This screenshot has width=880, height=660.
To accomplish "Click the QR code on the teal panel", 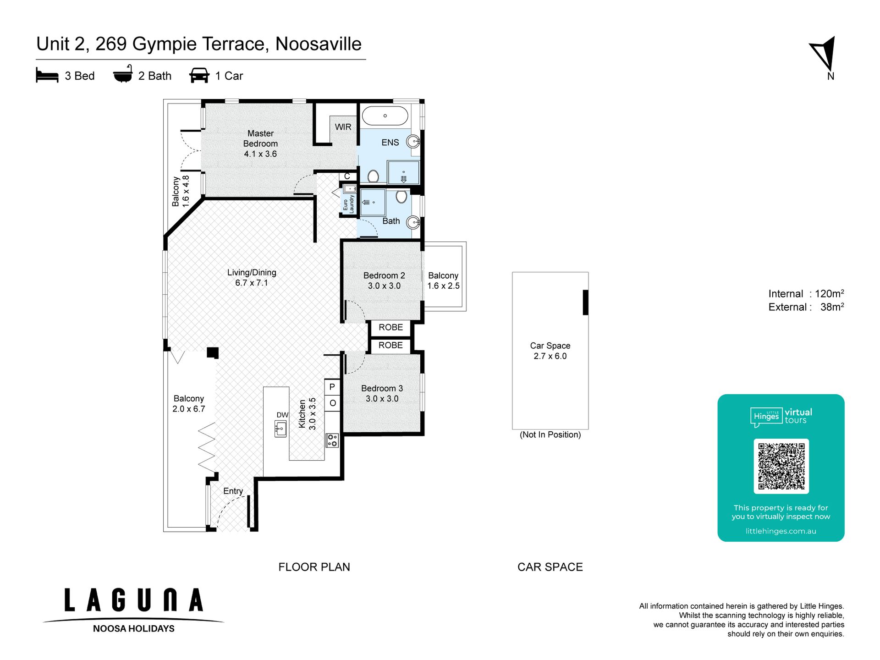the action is point(781,466).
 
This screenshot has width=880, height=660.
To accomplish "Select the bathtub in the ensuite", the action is point(385,116).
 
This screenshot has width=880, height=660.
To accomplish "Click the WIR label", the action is point(343,127).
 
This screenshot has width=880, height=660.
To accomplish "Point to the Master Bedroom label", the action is point(260,143).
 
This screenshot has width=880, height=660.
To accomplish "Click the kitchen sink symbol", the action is point(280,429).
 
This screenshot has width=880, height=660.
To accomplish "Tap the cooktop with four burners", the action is point(332,440).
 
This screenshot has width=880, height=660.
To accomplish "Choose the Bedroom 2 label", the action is point(384,280).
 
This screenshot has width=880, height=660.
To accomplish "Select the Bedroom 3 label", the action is point(382,393).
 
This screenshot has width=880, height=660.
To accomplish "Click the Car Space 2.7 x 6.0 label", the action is point(550,351).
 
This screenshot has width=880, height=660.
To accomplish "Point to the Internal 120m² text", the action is point(806,294).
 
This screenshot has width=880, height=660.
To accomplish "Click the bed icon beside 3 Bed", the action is point(47,76).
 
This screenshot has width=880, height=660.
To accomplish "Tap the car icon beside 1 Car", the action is point(199,76).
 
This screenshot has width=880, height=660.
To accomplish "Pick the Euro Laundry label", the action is point(349,204).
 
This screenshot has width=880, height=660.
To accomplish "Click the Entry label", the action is point(233,491).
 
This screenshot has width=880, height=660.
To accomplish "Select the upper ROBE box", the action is point(390,327).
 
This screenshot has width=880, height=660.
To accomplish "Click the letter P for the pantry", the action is point(332,387).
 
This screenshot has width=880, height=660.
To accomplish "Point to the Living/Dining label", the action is point(252,278).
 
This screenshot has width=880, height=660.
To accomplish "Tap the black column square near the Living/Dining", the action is point(213,352).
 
